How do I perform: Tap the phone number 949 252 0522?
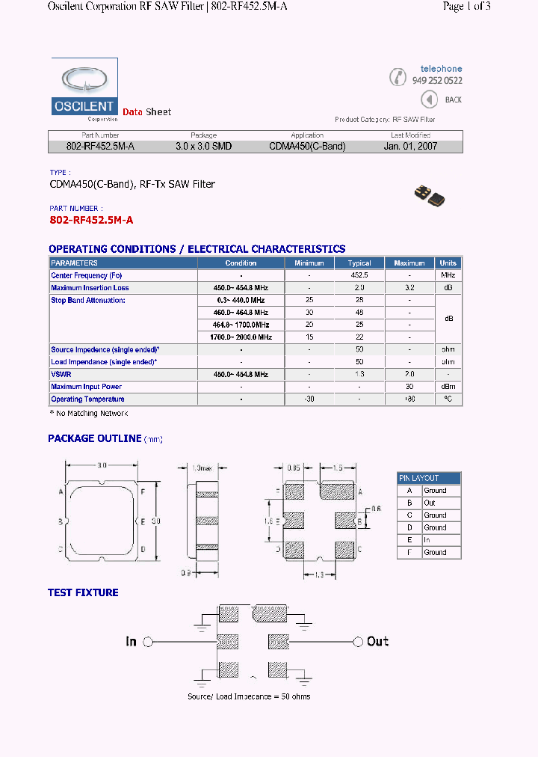pyautogui.click(x=437, y=81)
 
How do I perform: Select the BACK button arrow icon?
pyautogui.click(x=429, y=99)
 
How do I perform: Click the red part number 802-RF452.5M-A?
pyautogui.click(x=91, y=220)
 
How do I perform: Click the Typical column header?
pyautogui.click(x=359, y=263)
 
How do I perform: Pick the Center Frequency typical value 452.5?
pyautogui.click(x=359, y=275)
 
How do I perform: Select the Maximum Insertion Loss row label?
pyautogui.click(x=90, y=288)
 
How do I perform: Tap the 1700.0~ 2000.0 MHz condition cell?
pyautogui.click(x=241, y=337)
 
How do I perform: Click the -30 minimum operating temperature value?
pyautogui.click(x=309, y=399)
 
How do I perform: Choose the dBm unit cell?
pyautogui.click(x=448, y=387)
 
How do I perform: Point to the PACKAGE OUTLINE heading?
pyautogui.click(x=95, y=439)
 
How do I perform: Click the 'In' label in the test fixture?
pyautogui.click(x=132, y=642)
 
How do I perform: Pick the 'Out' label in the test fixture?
pyautogui.click(x=377, y=642)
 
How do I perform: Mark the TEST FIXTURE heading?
pyautogui.click(x=83, y=592)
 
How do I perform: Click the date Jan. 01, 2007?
pyautogui.click(x=410, y=147)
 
